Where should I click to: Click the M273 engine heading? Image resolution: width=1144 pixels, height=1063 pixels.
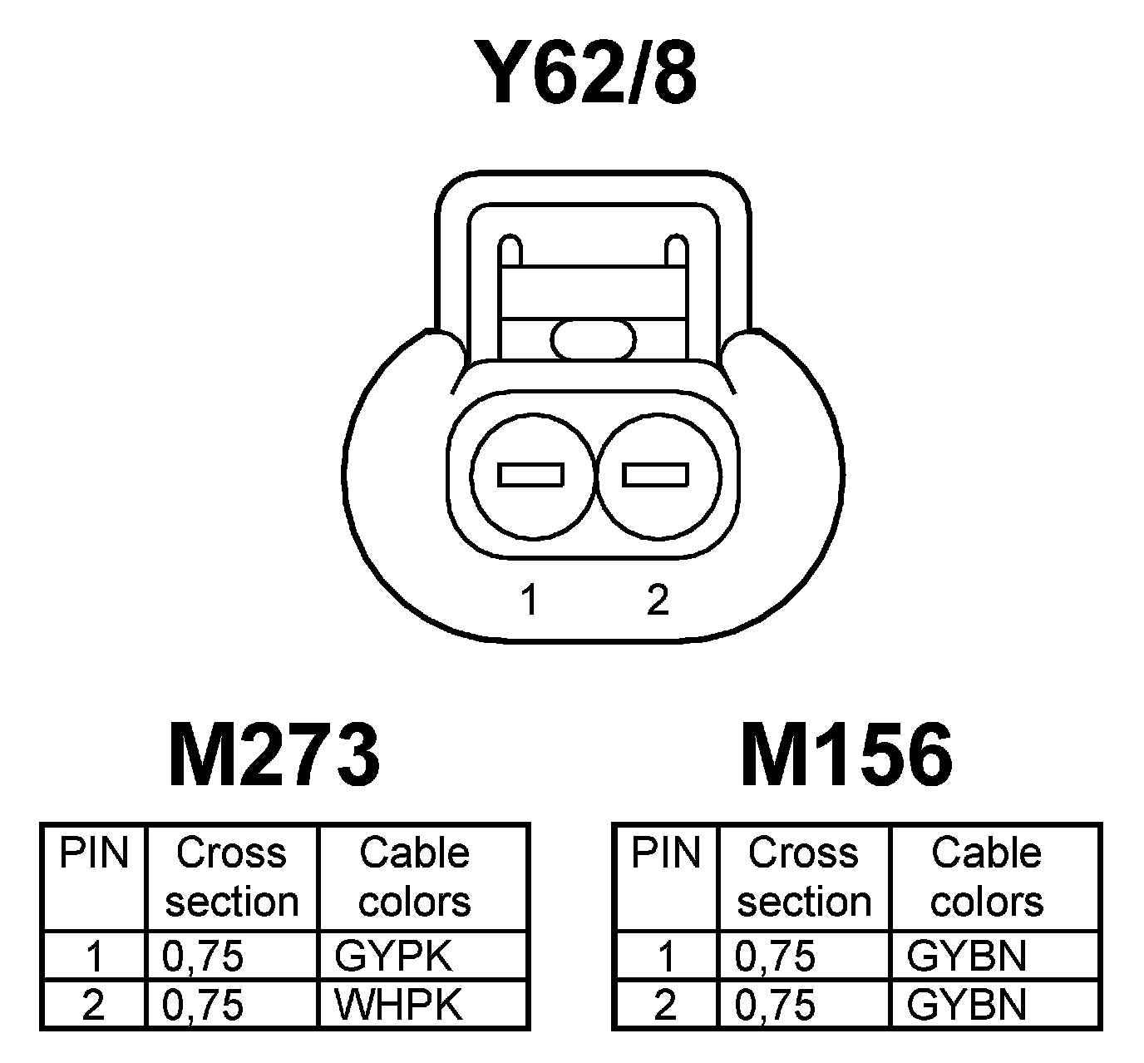coord(274,754)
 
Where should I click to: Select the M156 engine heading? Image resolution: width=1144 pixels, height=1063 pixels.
coord(846,754)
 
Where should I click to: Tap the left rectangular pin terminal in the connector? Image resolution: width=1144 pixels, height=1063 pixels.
coord(530,474)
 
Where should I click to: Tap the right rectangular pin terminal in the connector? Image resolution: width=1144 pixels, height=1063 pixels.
coord(656,474)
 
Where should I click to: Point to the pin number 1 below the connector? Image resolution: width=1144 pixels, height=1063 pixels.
coord(529,599)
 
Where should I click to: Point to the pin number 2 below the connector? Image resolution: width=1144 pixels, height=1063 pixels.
coord(657,599)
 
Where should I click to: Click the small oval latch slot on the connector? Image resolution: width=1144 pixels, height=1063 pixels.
coord(593,339)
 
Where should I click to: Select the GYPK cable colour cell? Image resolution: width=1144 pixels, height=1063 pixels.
coord(393,957)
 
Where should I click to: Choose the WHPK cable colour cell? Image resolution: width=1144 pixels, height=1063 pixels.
coord(397,1005)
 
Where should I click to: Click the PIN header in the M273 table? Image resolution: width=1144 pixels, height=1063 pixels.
coord(94,854)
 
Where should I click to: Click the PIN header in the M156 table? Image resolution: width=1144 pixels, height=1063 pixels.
coord(666,854)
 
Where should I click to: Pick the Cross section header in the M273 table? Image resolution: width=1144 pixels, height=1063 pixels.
coord(231,878)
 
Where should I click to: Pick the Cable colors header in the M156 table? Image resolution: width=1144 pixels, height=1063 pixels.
coord(986,878)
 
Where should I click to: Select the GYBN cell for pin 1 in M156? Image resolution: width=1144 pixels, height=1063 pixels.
coord(966,957)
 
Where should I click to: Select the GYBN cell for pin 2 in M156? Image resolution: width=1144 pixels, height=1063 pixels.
coord(966,1005)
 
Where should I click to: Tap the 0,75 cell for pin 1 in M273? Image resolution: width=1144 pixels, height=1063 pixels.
coord(203,957)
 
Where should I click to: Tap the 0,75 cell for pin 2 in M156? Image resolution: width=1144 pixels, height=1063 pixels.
coord(775,1005)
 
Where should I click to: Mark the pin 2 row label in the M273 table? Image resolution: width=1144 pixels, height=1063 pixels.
coord(93,1005)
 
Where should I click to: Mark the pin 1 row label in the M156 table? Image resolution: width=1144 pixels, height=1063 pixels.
coord(665,957)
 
